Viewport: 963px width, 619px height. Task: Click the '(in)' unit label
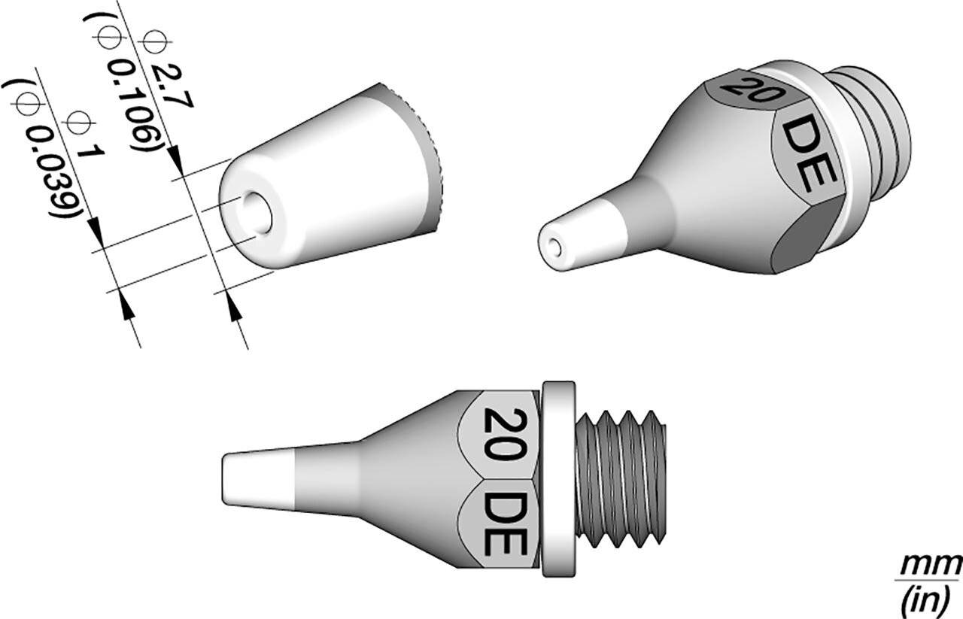[930, 599]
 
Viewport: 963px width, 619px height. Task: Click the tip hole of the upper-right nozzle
[554, 246]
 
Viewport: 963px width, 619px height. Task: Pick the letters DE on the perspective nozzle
[805, 157]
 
